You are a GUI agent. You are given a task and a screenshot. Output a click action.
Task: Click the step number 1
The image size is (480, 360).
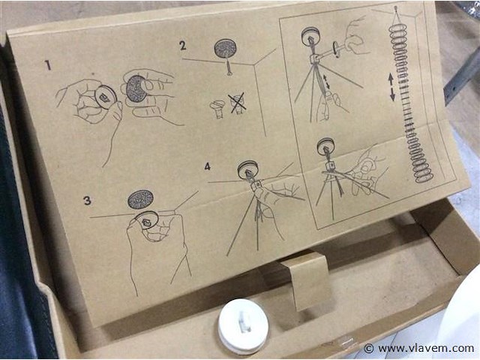click(x=48, y=65)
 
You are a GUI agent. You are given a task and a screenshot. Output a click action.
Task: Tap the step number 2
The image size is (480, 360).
click(x=183, y=46)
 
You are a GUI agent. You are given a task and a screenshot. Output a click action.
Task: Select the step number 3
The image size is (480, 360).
click(x=87, y=200)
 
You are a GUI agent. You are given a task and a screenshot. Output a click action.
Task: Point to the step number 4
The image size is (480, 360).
click(x=208, y=166)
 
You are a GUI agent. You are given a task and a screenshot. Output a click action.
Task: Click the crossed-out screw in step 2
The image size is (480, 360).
click(x=237, y=103)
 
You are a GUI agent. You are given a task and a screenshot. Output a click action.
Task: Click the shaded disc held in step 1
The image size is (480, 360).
click(x=136, y=89)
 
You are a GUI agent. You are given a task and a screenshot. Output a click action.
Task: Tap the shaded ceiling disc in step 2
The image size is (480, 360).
click(x=225, y=48)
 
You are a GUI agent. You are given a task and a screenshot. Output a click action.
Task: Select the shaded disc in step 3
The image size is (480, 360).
click(x=140, y=199)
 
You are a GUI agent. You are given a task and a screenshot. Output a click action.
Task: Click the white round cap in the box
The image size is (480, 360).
click(x=243, y=326)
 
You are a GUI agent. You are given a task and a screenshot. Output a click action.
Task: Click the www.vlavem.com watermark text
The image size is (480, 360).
click(x=426, y=348)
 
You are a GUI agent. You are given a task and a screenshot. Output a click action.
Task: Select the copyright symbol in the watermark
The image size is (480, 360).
click(x=369, y=348)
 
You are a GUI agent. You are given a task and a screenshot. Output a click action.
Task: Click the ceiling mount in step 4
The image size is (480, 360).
click(x=248, y=169)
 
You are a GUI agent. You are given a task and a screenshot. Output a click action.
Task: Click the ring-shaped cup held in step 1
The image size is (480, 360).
click(x=106, y=97)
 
